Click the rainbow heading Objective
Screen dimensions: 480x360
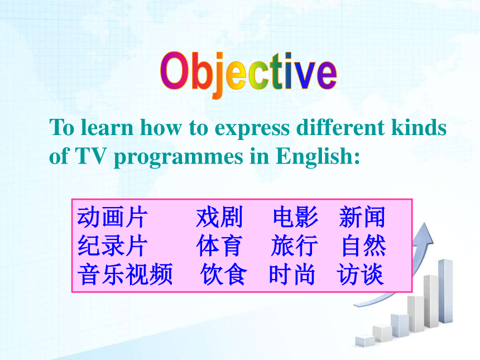pos(248,74)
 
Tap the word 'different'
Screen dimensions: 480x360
pos(340,127)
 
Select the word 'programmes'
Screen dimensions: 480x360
pos(178,157)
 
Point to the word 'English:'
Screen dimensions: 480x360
pos(318,156)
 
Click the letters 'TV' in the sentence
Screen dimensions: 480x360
pos(90,156)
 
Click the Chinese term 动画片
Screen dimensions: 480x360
pos(112,217)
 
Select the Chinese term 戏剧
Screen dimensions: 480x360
pos(219,217)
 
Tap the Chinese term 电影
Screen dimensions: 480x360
pos(295,217)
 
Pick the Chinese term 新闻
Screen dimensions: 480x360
pos(362,217)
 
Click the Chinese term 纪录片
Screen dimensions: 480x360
pos(112,246)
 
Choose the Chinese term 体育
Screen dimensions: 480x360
pos(219,246)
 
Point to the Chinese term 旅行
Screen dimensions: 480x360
pos(294,246)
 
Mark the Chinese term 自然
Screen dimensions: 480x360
pos(364,246)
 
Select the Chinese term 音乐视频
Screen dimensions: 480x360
pos(125,274)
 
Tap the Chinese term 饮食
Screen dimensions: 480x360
pos(224,274)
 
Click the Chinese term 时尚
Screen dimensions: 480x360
pos(292,274)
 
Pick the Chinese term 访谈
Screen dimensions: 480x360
pos(360,274)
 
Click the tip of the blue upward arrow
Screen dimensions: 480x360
pos(425,223)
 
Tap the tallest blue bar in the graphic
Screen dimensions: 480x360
pos(445,291)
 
